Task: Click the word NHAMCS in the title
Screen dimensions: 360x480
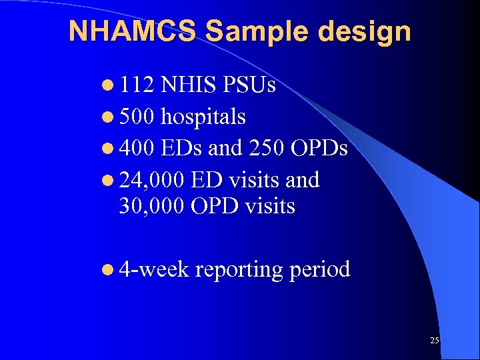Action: pos(133,31)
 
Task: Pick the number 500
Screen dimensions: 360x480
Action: pos(137,117)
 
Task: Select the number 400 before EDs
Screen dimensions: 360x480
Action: pos(137,149)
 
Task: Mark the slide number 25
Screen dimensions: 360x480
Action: pos(435,341)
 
